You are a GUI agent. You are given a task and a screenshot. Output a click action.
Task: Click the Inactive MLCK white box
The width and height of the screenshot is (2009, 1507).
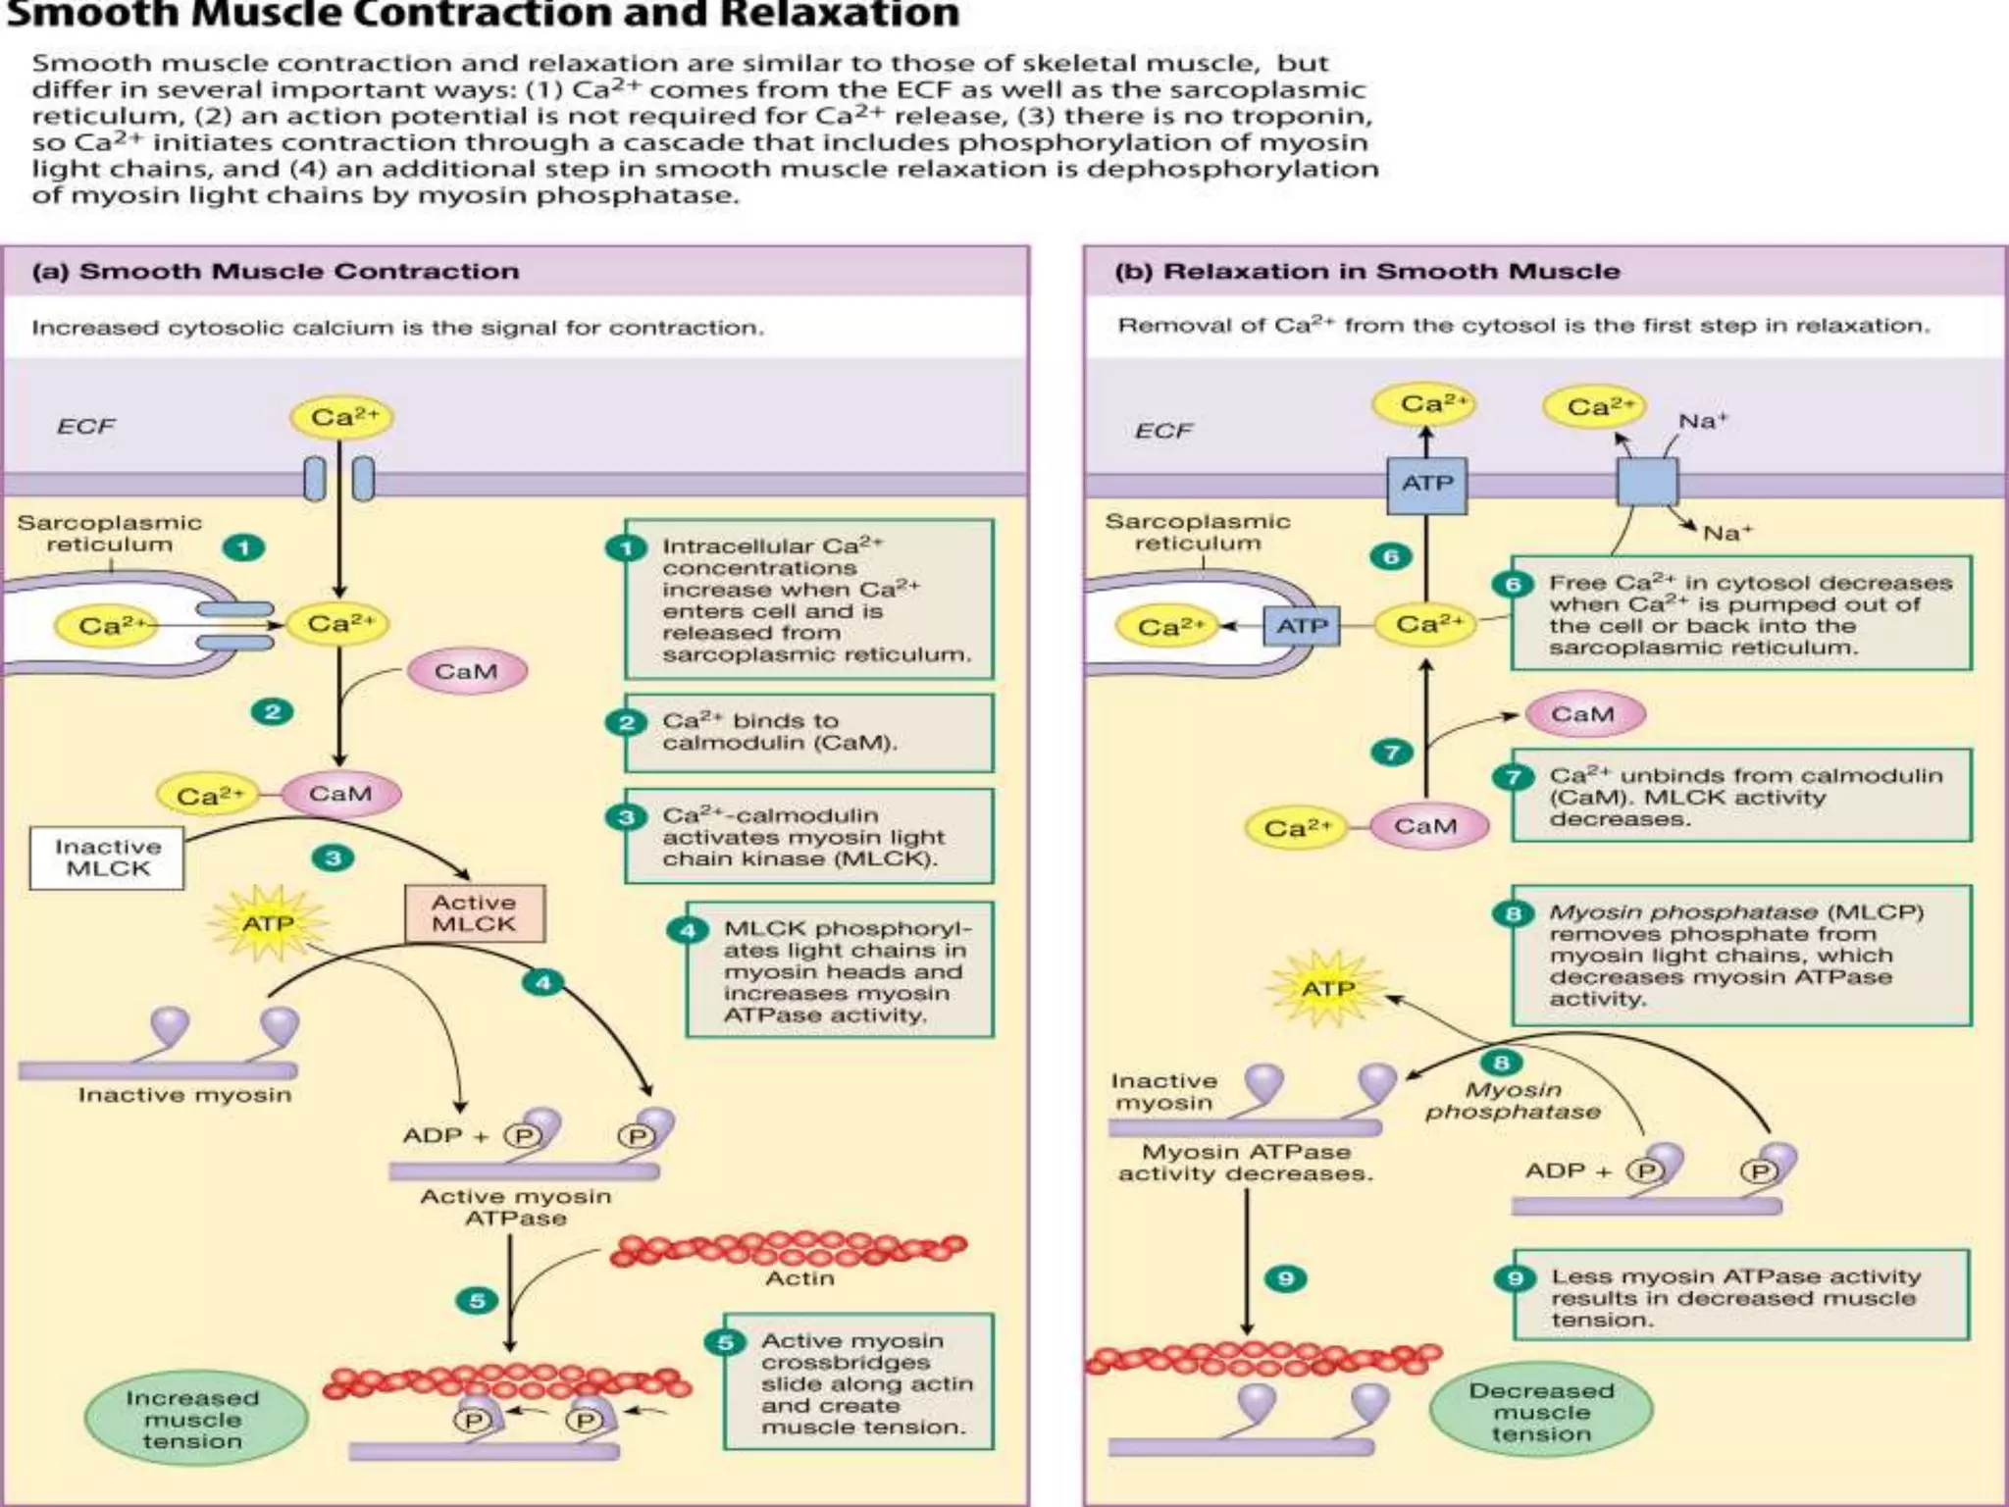(107, 857)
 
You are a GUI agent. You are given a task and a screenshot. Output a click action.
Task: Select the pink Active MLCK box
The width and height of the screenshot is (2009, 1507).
(475, 913)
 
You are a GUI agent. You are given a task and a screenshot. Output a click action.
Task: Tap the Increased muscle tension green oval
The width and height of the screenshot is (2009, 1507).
(193, 1419)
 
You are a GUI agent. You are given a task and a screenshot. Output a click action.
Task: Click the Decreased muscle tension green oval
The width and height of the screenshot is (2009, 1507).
(1542, 1412)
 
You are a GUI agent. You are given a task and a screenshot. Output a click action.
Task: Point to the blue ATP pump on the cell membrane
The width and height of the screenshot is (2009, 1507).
(1427, 485)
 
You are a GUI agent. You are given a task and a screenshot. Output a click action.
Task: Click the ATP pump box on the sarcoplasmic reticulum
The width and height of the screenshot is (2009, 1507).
(1303, 626)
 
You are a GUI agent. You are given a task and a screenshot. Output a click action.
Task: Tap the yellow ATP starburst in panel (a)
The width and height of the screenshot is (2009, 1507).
(268, 923)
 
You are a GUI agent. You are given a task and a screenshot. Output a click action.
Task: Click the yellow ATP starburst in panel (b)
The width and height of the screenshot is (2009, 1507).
(1328, 988)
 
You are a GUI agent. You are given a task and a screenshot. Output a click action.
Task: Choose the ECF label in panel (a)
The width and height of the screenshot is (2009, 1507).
(86, 427)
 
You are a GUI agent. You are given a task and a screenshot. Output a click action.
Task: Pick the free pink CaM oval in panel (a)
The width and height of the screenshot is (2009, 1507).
(467, 672)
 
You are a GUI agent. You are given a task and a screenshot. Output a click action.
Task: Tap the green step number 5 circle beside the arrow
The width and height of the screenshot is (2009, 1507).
(478, 1301)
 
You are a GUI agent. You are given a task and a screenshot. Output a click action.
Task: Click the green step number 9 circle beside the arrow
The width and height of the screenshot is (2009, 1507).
(1286, 1278)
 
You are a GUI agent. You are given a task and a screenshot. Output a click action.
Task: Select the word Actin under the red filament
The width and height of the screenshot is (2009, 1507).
(799, 1279)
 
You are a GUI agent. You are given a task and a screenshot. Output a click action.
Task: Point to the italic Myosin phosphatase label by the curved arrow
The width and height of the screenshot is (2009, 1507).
(1513, 1101)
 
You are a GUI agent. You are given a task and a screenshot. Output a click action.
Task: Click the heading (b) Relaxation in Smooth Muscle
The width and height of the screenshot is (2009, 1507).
(1367, 272)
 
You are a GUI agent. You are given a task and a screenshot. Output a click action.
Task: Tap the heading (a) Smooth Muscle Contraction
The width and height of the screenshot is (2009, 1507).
(276, 272)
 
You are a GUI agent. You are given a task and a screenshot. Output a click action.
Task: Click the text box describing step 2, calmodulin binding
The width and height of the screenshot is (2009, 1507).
(809, 733)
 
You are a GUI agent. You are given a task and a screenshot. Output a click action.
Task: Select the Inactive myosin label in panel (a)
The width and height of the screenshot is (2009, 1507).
(185, 1095)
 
